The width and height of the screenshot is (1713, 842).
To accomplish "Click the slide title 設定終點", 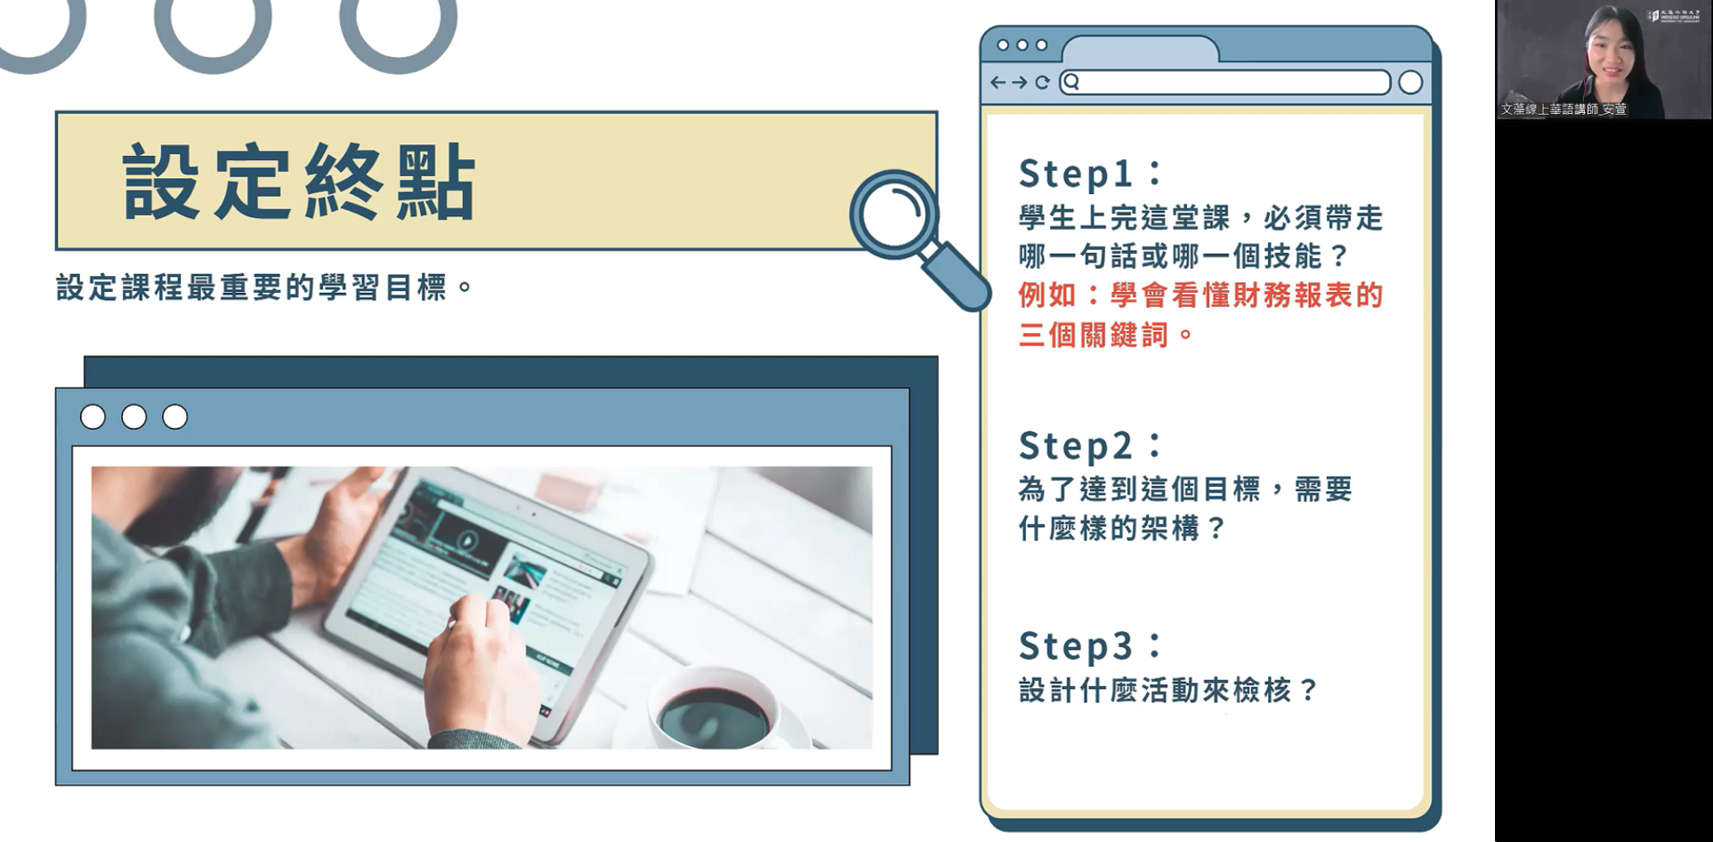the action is click(300, 182).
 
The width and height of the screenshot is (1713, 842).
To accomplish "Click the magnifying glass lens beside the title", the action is click(893, 215).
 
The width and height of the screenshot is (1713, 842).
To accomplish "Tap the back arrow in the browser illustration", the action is click(998, 83).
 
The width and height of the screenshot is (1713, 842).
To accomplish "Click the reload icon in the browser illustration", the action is click(1042, 83).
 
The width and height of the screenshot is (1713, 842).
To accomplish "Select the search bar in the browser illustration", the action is click(1224, 83).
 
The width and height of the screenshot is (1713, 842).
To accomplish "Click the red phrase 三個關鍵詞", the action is click(1093, 335).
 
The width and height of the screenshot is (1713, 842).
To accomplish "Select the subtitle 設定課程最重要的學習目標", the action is click(251, 287).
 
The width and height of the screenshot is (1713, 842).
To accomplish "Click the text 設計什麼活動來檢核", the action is click(1154, 690).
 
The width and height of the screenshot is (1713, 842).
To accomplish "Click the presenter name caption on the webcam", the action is click(1564, 109).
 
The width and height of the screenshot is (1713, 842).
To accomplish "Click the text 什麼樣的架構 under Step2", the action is click(1109, 529).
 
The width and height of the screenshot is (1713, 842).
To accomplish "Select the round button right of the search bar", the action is click(1410, 83).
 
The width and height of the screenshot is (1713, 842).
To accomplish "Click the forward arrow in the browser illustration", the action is click(1020, 83).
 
